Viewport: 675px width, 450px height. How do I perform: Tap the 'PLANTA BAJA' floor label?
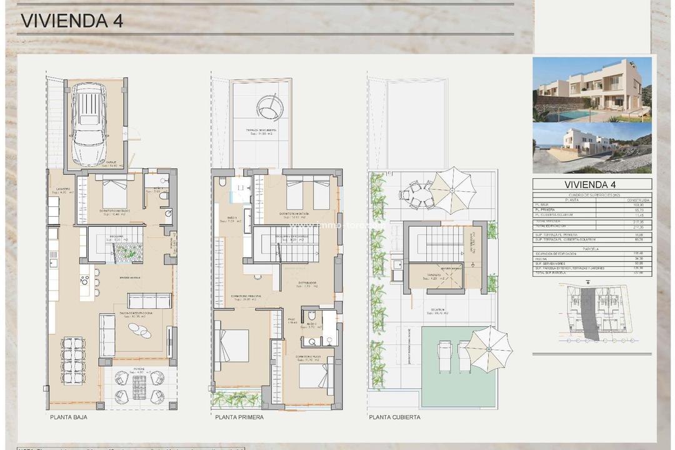68,417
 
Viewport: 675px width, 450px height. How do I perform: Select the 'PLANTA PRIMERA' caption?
239,417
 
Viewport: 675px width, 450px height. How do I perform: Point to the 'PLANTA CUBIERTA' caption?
394,417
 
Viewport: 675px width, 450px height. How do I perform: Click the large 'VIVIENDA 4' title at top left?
72,20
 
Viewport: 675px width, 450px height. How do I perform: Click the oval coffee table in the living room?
140,329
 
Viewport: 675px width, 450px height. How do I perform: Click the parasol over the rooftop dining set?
453,185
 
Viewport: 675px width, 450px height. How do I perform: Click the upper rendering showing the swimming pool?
592,89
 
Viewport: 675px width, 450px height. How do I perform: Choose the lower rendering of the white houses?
592,147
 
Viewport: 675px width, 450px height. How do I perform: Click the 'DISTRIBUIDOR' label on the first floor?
307,282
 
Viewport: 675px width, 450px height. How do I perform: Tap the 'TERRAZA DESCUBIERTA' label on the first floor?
261,131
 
